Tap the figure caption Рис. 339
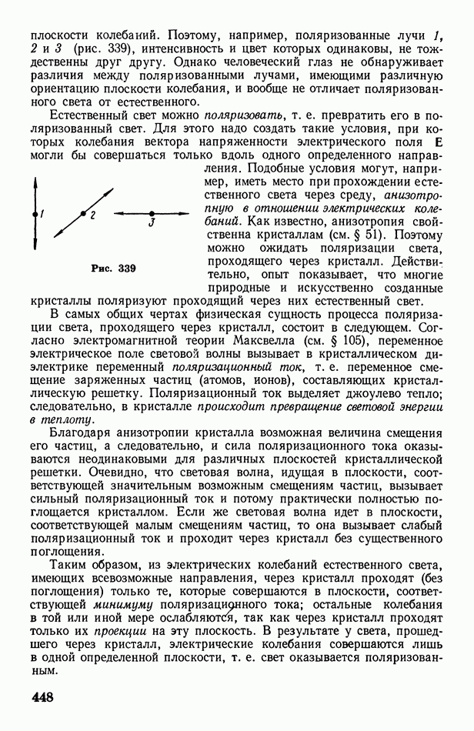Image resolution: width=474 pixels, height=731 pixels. (113, 269)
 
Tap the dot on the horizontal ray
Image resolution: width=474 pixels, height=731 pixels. (152, 213)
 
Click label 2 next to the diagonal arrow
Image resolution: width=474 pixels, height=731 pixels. (92, 216)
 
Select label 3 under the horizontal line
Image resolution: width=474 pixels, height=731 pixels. (152, 223)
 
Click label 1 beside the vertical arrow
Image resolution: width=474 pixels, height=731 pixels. (43, 215)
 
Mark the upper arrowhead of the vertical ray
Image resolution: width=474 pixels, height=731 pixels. (35, 183)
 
